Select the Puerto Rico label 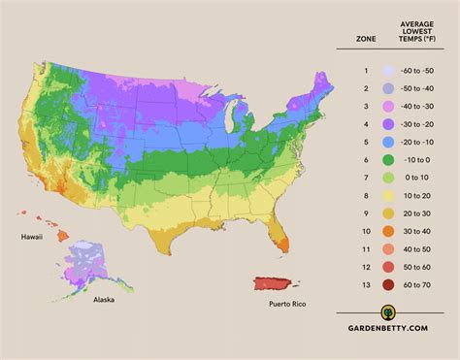(x=291, y=304)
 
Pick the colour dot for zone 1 (x=388, y=71)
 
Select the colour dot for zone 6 (x=388, y=159)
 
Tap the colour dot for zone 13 (x=388, y=284)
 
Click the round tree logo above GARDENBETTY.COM (x=388, y=313)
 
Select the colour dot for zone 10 (x=388, y=231)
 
